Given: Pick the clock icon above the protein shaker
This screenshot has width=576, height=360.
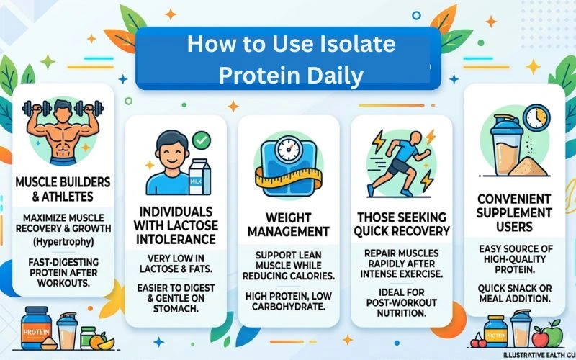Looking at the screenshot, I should point(535,118).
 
